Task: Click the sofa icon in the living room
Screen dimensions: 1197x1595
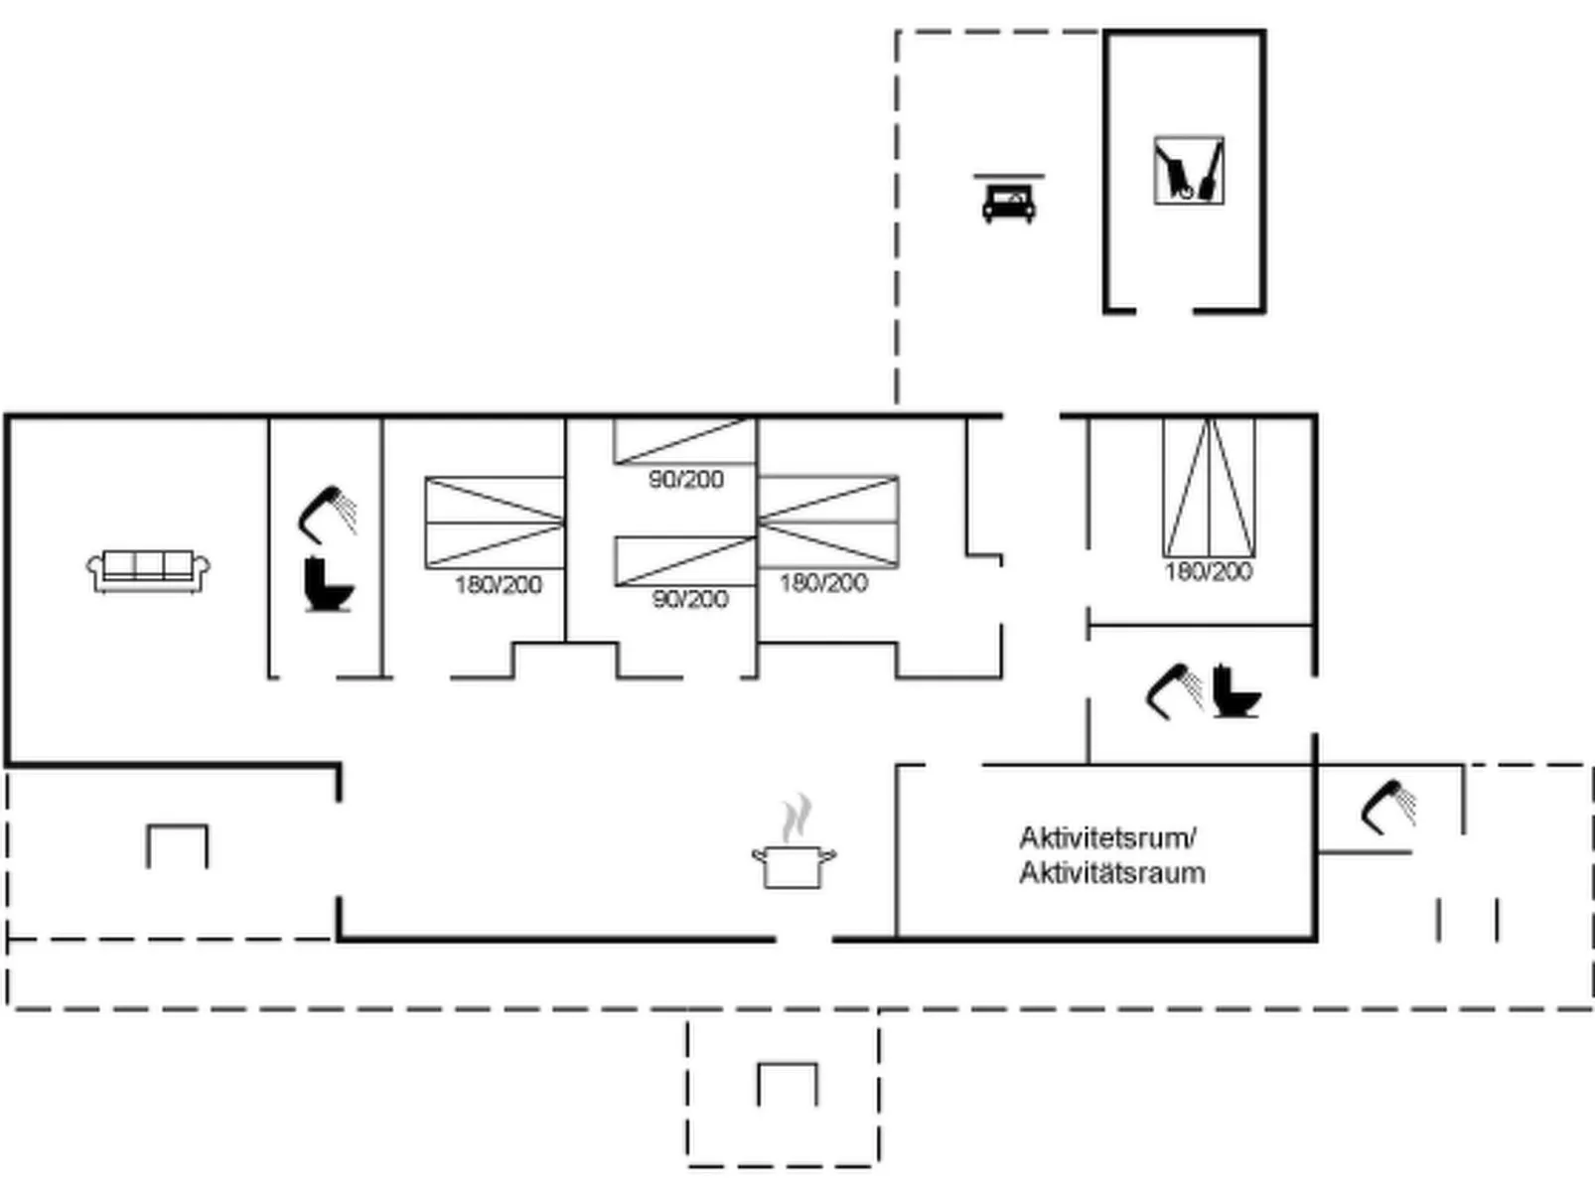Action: click(x=148, y=571)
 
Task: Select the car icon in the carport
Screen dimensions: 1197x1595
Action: click(x=1008, y=203)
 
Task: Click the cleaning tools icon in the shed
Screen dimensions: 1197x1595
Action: click(x=1188, y=171)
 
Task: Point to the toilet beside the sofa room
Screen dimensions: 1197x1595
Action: click(x=328, y=585)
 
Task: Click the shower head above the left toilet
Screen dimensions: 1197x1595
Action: click(x=327, y=513)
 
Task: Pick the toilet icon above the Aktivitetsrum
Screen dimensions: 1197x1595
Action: click(x=1235, y=689)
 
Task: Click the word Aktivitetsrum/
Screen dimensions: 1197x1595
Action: click(x=1107, y=837)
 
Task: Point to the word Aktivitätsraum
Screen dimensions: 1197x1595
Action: click(x=1111, y=873)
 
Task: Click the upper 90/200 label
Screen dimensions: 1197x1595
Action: click(x=686, y=480)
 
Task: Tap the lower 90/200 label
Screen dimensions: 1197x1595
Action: click(x=690, y=599)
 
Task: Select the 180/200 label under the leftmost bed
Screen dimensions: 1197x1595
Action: click(x=498, y=584)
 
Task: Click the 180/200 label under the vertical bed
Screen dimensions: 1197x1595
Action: click(x=1208, y=571)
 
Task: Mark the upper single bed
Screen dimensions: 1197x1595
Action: click(x=684, y=441)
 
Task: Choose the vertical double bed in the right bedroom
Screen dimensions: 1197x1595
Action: click(x=1209, y=488)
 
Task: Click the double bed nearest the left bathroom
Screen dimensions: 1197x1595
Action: click(x=495, y=523)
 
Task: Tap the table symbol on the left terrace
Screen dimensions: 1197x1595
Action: click(x=177, y=845)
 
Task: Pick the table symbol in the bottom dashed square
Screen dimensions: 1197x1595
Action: click(x=788, y=1084)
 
